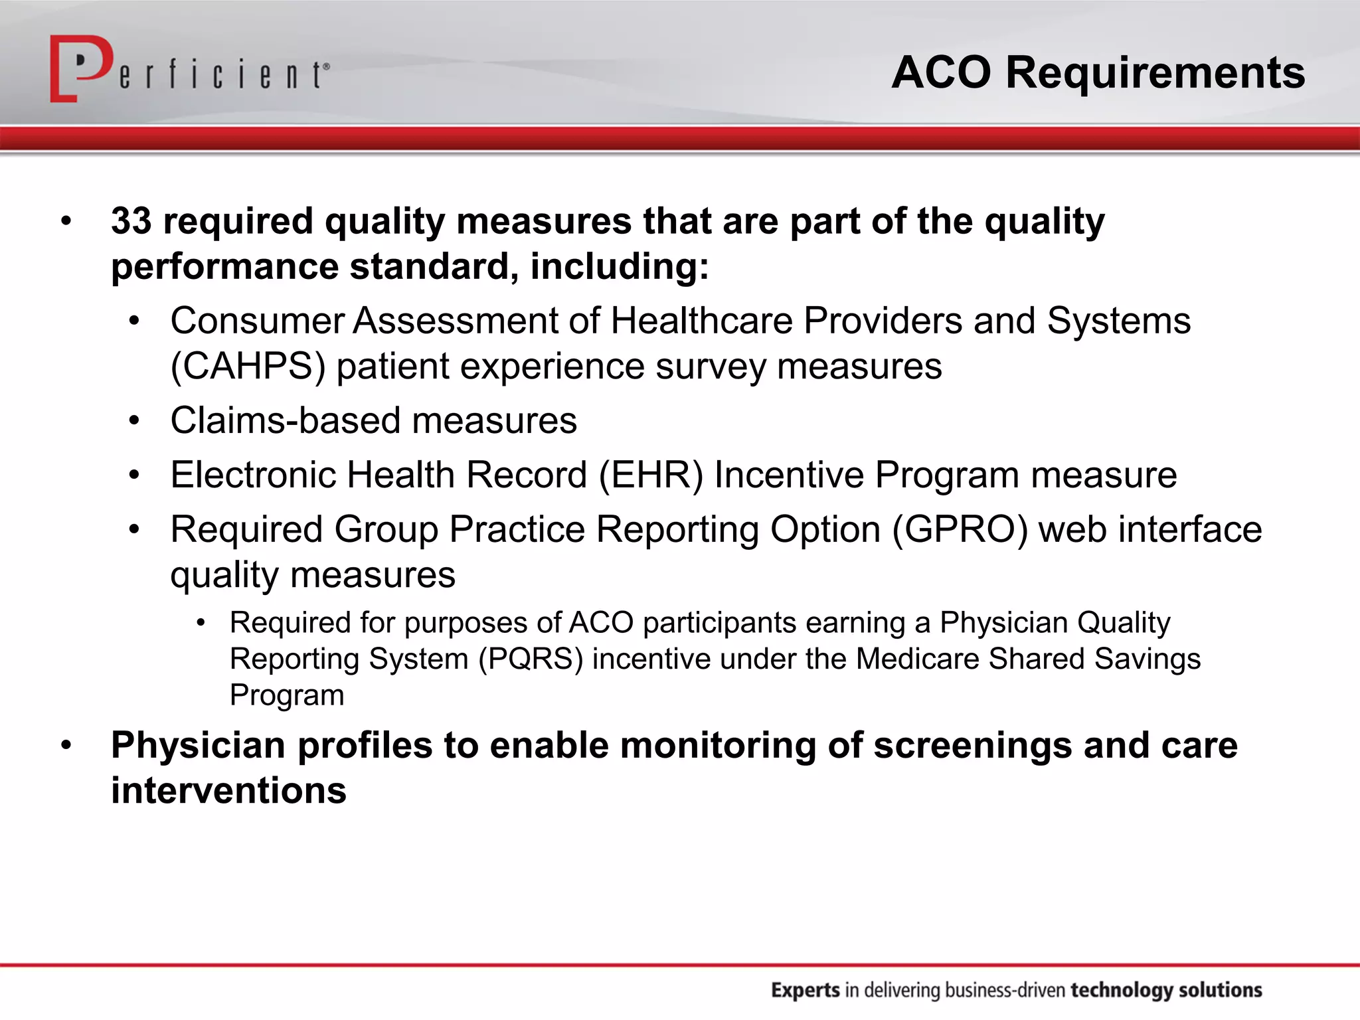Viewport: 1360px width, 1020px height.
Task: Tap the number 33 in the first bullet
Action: tap(131, 220)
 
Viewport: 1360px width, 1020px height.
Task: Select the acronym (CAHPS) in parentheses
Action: tap(248, 367)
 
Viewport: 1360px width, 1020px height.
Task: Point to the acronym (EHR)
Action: tap(650, 475)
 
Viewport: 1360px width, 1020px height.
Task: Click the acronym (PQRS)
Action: tap(531, 659)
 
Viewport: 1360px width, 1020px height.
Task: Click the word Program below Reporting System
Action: tap(287, 695)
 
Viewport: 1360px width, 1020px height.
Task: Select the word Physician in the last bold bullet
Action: tap(198, 745)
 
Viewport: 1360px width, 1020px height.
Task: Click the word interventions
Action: tap(228, 790)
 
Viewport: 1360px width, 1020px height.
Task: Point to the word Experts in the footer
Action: tap(805, 990)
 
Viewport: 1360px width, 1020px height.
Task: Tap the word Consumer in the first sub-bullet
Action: tap(256, 321)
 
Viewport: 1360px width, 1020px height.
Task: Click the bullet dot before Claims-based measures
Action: tap(135, 421)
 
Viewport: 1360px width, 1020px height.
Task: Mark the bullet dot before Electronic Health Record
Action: tap(135, 475)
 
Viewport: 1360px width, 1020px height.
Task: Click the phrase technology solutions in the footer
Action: tap(1166, 990)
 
